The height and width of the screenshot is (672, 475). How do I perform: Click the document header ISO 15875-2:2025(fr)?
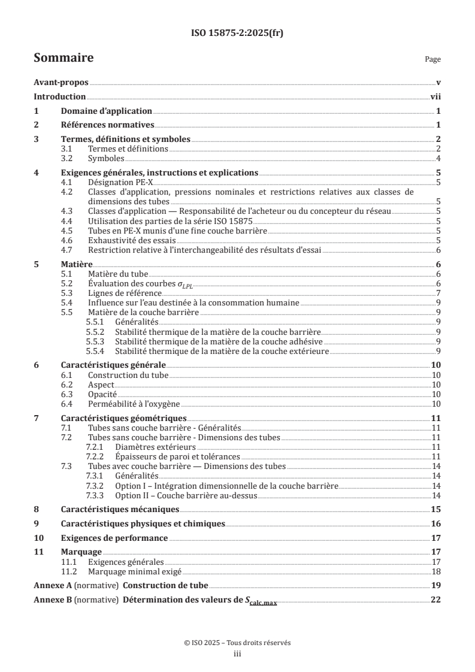(237, 33)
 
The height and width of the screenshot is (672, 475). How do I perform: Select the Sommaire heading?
(63, 58)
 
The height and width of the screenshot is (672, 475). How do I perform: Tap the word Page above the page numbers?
(432, 60)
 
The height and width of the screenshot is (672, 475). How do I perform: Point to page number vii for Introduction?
(436, 96)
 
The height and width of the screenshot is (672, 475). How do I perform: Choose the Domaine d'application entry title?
(107, 111)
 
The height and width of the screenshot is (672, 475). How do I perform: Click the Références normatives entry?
(108, 125)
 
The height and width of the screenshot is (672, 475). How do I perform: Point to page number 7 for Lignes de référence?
(439, 293)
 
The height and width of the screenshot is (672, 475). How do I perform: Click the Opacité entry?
(102, 394)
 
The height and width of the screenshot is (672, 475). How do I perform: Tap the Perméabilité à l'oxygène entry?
(127, 404)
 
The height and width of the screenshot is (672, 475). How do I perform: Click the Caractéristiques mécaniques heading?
(120, 510)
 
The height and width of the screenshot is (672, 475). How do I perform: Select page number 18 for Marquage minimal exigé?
(437, 572)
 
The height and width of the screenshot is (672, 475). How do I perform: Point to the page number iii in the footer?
(237, 655)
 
